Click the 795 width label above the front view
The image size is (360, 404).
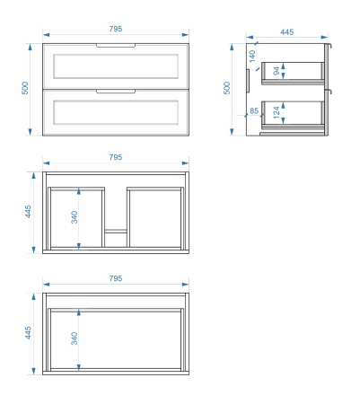click(116, 29)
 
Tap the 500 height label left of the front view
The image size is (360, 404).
click(25, 88)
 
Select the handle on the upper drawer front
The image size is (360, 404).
click(116, 46)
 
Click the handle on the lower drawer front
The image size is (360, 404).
click(116, 92)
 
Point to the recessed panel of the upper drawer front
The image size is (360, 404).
click(116, 66)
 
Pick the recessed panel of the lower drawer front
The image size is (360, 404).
click(116, 112)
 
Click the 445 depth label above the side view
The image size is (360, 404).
click(286, 31)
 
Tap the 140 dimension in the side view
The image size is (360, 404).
click(252, 57)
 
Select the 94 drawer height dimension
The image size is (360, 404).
click(277, 71)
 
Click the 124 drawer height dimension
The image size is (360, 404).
click(277, 112)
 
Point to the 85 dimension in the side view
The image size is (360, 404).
click(254, 110)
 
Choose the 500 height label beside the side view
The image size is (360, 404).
click(227, 88)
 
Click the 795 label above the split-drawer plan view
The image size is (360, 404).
click(116, 157)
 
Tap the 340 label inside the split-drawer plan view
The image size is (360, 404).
click(75, 217)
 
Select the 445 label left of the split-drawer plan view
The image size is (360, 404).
click(28, 211)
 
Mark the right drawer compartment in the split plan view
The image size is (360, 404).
click(155, 217)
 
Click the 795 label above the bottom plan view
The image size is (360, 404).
click(116, 278)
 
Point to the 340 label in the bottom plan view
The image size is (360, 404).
click(75, 338)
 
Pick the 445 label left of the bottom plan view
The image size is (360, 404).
click(28, 333)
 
